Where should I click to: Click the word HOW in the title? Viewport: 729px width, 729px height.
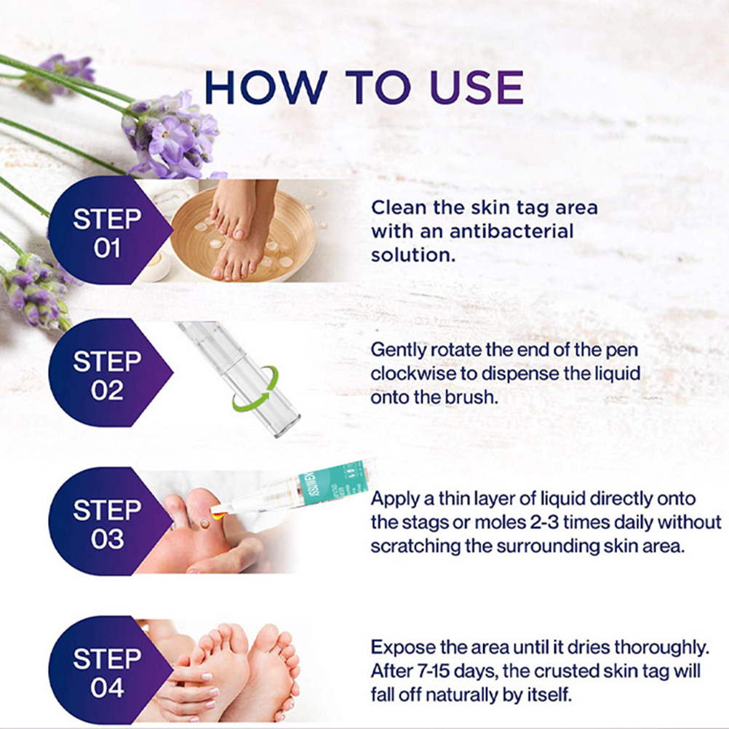[x=266, y=87]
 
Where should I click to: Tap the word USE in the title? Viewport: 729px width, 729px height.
[x=477, y=87]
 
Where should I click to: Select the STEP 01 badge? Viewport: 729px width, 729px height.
[x=110, y=231]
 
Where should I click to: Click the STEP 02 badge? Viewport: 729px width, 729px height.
[x=110, y=373]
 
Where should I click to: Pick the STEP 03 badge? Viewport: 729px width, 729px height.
[x=110, y=521]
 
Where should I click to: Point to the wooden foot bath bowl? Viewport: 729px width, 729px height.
[x=243, y=234]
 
